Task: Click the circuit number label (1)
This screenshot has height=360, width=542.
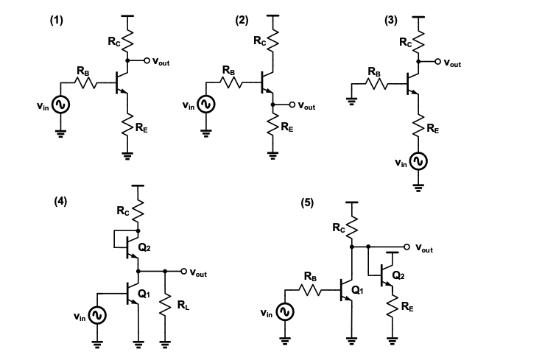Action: click(x=57, y=21)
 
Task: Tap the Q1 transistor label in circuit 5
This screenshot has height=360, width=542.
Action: click(x=358, y=290)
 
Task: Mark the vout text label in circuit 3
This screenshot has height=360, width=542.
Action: click(x=452, y=64)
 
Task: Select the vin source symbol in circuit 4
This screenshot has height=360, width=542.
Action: click(x=97, y=315)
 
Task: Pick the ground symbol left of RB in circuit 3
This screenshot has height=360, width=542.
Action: click(x=351, y=102)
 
